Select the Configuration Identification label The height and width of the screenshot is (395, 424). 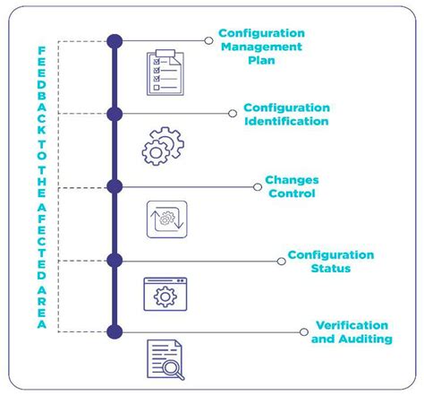tap(285, 114)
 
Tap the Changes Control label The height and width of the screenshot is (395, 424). tap(291, 186)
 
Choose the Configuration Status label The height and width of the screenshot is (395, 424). tap(330, 261)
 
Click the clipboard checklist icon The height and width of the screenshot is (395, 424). tap(165, 73)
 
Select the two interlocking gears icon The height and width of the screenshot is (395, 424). tap(162, 146)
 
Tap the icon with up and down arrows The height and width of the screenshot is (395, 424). tap(166, 220)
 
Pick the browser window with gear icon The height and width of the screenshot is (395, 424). tap(166, 294)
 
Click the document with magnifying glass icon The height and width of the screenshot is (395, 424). tap(165, 361)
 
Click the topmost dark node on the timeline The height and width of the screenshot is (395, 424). tap(114, 40)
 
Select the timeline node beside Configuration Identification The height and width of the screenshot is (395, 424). tap(114, 114)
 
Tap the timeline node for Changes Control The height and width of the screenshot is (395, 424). tap(114, 186)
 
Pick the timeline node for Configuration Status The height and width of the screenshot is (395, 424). tap(114, 260)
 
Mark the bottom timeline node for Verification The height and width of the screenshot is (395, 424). tap(114, 332)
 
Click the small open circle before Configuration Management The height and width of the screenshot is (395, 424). tap(208, 40)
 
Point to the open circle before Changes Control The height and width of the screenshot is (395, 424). tap(257, 186)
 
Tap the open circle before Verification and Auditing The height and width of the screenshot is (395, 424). tap(304, 332)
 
